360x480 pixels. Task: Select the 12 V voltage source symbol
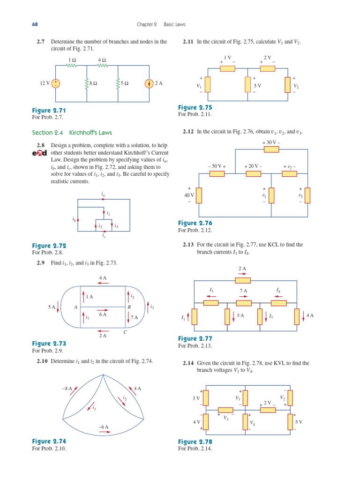tap(56, 83)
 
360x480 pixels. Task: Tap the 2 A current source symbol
tap(149, 83)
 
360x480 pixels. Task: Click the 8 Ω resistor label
tap(93, 83)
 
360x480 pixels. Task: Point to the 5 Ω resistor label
tap(124, 83)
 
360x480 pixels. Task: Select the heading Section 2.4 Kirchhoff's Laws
tap(72, 133)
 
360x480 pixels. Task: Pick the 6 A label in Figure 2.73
tap(103, 315)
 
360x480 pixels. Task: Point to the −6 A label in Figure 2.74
tap(103, 427)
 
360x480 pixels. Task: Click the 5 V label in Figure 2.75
tap(257, 86)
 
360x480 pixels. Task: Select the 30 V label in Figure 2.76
tap(271, 142)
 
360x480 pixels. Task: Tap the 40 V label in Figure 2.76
tap(189, 195)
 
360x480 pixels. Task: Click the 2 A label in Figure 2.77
tap(242, 269)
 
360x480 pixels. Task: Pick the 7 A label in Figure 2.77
tap(243, 291)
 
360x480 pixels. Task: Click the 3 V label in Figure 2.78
tap(196, 398)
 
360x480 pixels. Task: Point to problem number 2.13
tap(188, 245)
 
